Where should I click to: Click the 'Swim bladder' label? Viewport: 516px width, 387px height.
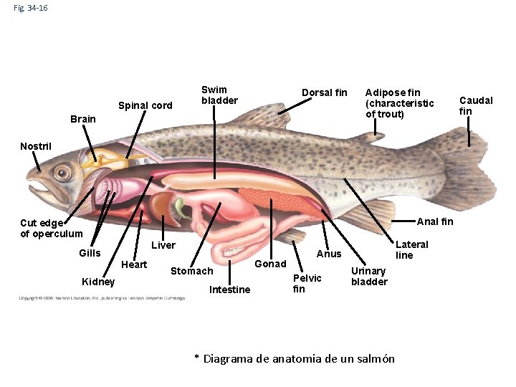pos(219,95)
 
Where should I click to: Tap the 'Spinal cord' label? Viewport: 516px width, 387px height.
pos(145,105)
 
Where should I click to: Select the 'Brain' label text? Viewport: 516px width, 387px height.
pos(82,119)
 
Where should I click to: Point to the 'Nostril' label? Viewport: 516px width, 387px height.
pos(36,146)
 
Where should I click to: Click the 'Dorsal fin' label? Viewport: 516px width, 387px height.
pos(324,92)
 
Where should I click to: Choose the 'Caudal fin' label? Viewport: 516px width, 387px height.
pos(476,105)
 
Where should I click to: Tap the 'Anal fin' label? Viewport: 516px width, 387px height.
pos(434,221)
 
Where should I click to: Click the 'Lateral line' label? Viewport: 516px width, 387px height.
pos(411,249)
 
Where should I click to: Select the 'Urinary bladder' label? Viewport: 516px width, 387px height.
pos(368,276)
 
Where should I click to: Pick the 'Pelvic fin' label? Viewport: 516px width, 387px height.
pos(307,283)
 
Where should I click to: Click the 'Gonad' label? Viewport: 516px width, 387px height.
pos(271,264)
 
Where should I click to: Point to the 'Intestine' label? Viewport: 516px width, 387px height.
pos(229,290)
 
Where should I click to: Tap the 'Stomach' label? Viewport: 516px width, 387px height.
pos(191,271)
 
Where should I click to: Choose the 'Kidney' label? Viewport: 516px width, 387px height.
pos(98,281)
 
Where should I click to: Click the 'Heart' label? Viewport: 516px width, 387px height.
pos(134,264)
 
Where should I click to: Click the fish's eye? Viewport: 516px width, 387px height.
pos(63,172)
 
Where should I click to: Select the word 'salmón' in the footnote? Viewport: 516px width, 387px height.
pos(373,358)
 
